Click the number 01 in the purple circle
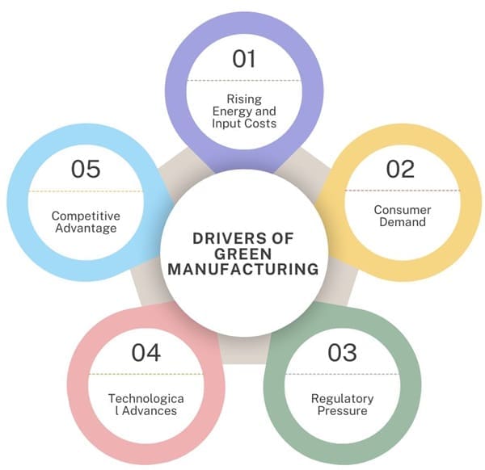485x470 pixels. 244,59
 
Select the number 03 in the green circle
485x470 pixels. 342,352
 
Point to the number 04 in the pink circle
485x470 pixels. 146,352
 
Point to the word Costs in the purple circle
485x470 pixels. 260,124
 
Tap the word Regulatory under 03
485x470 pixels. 342,398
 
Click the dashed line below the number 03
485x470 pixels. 342,374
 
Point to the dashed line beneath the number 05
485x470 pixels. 85,191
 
